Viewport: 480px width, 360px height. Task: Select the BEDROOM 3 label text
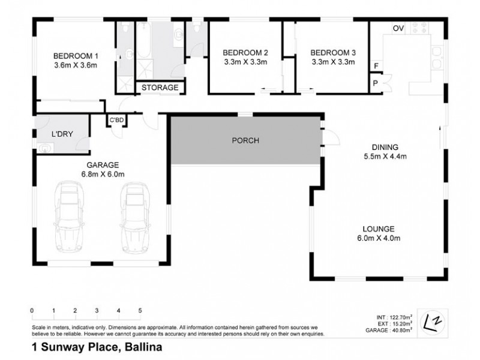tap(332, 52)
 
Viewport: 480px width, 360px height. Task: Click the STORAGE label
tap(160, 88)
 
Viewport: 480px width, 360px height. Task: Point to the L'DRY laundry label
tap(62, 134)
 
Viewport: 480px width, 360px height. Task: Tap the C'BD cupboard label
tap(116, 121)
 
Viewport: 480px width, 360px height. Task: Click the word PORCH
tap(245, 141)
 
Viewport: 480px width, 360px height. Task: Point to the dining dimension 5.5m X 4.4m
tap(385, 157)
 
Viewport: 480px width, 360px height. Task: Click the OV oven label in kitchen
tap(397, 28)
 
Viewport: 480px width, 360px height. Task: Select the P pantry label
tap(376, 83)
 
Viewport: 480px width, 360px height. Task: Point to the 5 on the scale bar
tap(140, 311)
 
